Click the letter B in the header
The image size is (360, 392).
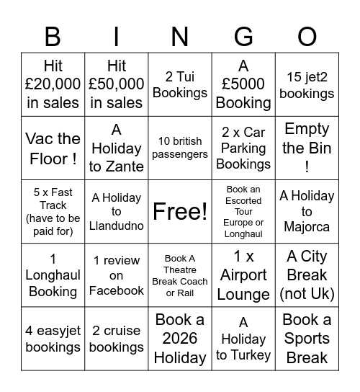point(53,35)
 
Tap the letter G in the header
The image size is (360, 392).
point(243,35)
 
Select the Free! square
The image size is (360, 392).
point(180,211)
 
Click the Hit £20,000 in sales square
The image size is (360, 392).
point(53,84)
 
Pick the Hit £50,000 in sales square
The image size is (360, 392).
point(117,84)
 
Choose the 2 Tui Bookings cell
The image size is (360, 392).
point(180,84)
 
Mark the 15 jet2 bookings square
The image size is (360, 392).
point(307,84)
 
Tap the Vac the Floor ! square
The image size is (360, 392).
point(53,148)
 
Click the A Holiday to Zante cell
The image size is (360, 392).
point(117,148)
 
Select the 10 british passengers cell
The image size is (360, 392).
point(180,148)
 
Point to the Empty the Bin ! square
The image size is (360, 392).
point(307,148)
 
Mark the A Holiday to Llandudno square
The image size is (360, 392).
point(117,211)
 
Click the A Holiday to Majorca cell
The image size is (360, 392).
point(307,211)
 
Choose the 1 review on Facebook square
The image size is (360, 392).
point(117,275)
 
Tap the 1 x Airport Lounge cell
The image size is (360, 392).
point(243,275)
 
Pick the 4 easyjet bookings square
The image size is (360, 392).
point(53,338)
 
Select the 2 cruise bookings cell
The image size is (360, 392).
point(117,338)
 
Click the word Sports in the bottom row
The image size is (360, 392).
point(307,338)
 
